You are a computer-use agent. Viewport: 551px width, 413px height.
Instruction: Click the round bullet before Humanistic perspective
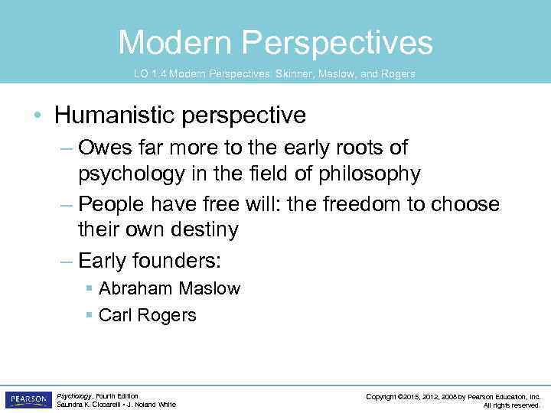tap(37, 116)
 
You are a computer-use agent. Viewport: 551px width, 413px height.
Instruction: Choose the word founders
tap(176, 261)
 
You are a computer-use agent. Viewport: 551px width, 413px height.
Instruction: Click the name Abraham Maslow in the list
tap(169, 288)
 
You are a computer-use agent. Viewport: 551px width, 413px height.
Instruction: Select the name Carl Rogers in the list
tap(148, 315)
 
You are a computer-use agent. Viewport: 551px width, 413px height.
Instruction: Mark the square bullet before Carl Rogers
tap(90, 315)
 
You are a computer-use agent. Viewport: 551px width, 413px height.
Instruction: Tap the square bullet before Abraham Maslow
tap(90, 288)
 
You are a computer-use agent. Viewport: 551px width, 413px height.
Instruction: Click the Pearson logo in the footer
tap(28, 399)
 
